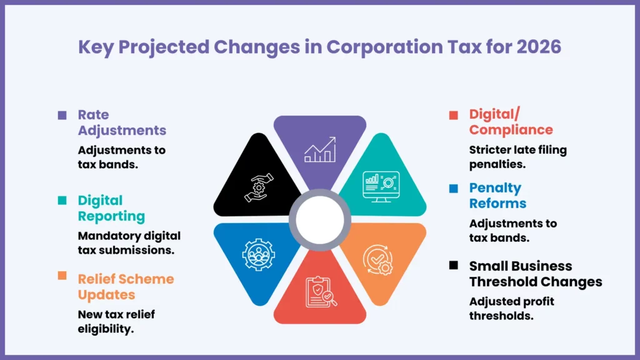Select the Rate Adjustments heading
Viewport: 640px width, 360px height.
(122, 122)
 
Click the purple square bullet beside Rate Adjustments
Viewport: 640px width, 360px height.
(62, 115)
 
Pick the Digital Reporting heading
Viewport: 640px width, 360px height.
(111, 208)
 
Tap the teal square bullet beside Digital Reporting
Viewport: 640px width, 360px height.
(62, 201)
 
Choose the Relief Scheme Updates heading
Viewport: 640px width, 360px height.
(126, 286)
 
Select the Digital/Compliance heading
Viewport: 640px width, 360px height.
(511, 122)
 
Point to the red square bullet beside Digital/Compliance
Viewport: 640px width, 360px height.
(454, 115)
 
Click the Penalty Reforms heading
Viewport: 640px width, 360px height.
(497, 196)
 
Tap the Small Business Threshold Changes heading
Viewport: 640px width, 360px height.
(536, 274)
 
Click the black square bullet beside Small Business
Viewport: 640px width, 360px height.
(454, 266)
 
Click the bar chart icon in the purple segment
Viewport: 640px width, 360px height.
(320, 151)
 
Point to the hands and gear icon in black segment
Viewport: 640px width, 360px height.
(258, 186)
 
